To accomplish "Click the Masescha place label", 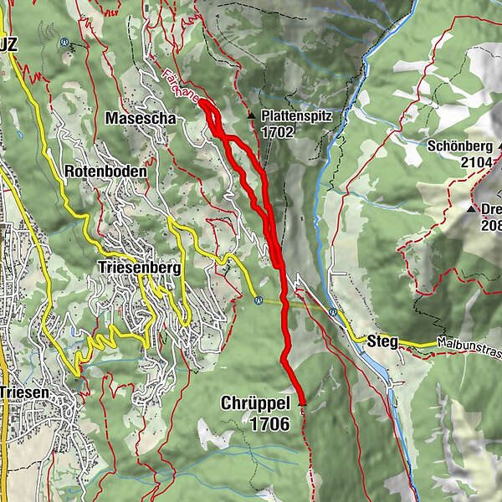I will click(x=141, y=119).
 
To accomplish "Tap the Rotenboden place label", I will click(x=105, y=171).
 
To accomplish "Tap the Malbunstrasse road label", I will click(x=469, y=344).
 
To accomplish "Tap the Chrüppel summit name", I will click(x=255, y=403).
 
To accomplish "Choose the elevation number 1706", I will click(x=269, y=424).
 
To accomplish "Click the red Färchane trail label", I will click(x=182, y=86).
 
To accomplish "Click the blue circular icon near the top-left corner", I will click(x=64, y=41).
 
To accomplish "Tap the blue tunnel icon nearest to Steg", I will click(x=333, y=312).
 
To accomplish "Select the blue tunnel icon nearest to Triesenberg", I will click(x=259, y=300).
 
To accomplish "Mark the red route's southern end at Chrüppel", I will click(x=302, y=405).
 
